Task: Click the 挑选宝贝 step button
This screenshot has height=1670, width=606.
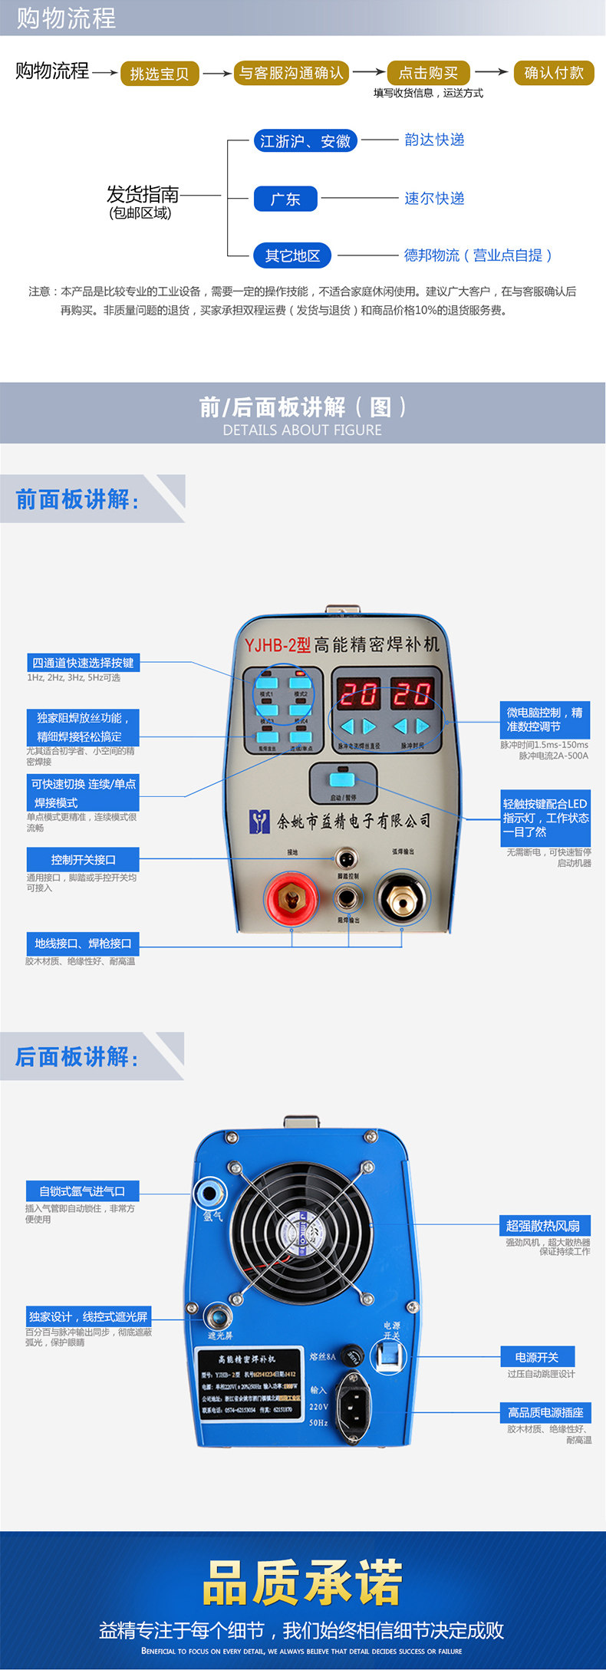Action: pyautogui.click(x=160, y=74)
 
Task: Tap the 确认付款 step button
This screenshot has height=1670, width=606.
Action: pyautogui.click(x=554, y=73)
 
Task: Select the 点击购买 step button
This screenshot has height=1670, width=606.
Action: pyautogui.click(x=428, y=73)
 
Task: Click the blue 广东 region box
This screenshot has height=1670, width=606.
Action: pyautogui.click(x=285, y=199)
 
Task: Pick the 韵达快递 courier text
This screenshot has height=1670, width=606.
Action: pyautogui.click(x=434, y=140)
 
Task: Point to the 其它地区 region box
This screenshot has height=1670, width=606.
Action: pyautogui.click(x=292, y=255)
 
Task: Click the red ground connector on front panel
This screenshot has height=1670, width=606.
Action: pyautogui.click(x=291, y=898)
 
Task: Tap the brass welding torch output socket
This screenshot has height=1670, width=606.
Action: pyautogui.click(x=402, y=898)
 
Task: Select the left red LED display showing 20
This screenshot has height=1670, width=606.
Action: pyautogui.click(x=358, y=694)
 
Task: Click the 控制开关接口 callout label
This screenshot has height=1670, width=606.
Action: pyautogui.click(x=84, y=859)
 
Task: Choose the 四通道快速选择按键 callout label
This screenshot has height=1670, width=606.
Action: pyautogui.click(x=83, y=663)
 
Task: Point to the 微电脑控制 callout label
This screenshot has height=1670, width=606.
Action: pyautogui.click(x=545, y=720)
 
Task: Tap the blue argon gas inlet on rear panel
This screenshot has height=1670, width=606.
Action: pyautogui.click(x=207, y=1193)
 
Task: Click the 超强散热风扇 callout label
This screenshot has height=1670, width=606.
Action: pyautogui.click(x=543, y=1226)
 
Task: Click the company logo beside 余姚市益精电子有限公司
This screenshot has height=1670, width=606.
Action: pyautogui.click(x=261, y=822)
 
